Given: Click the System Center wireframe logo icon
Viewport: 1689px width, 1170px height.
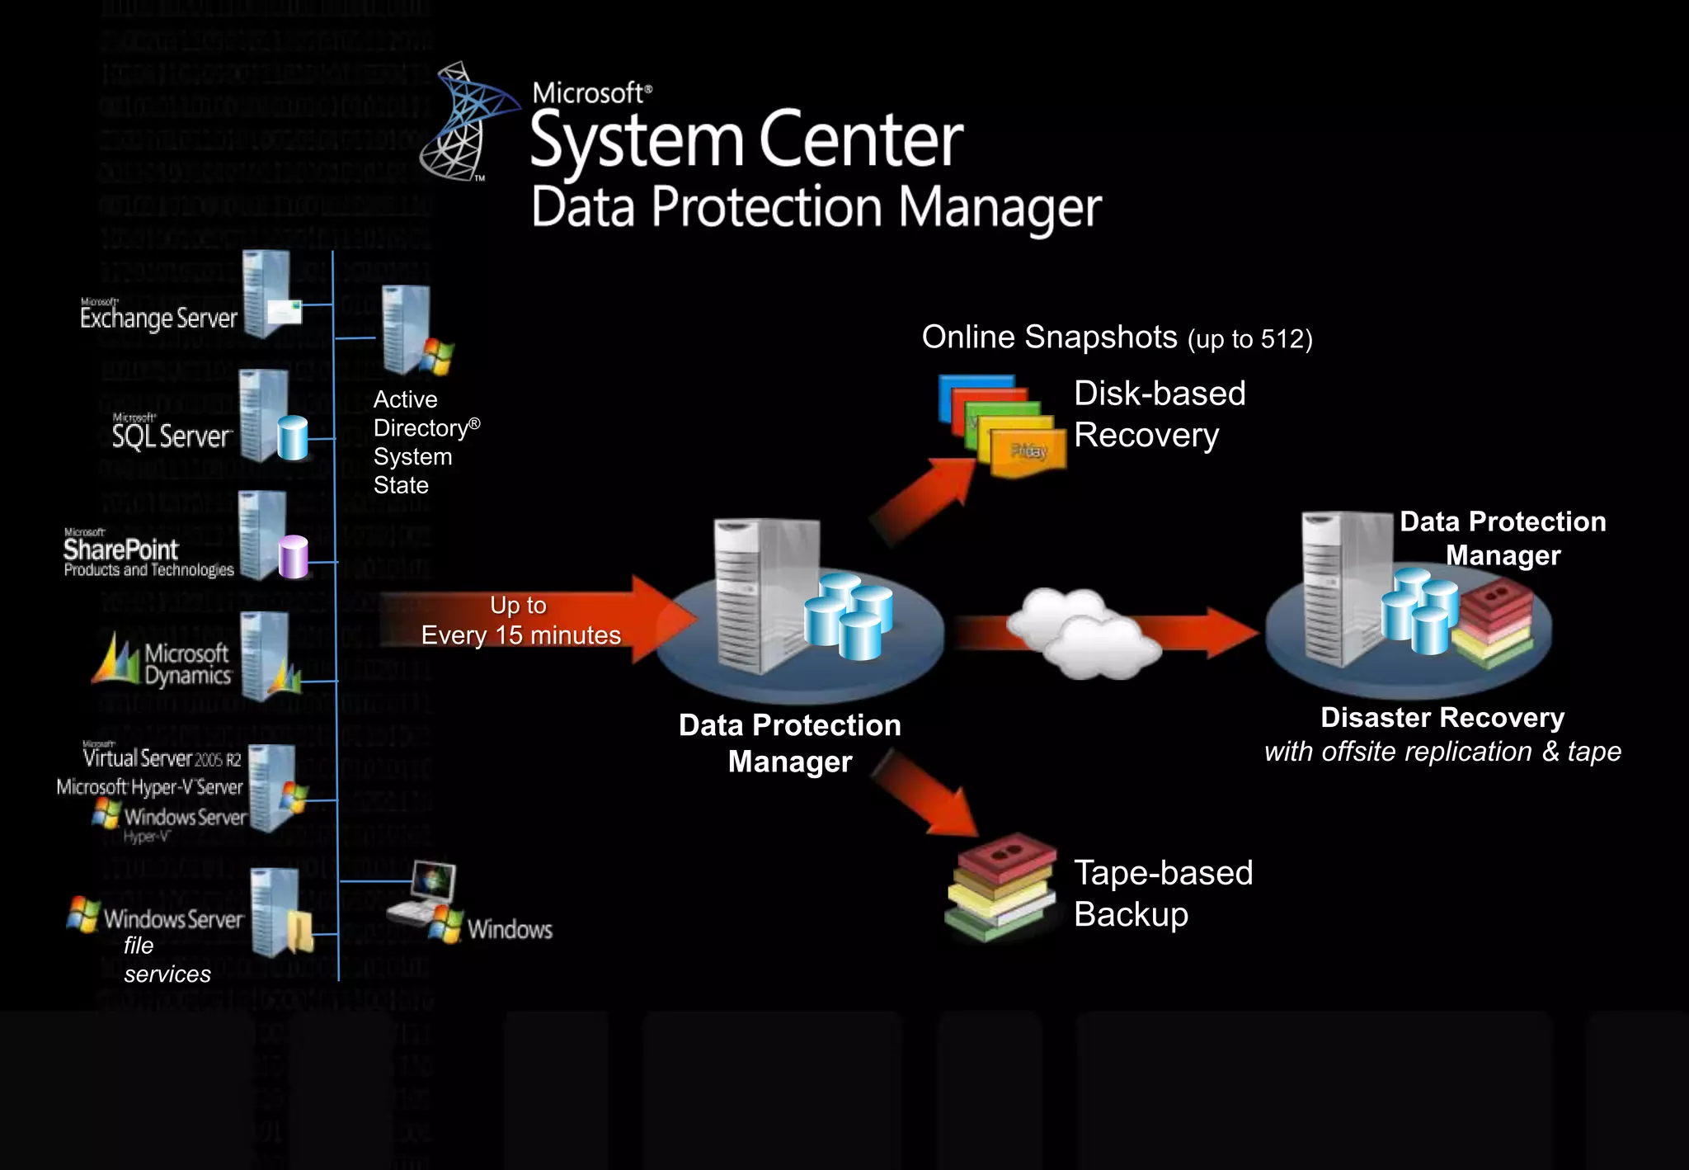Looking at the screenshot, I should click(466, 122).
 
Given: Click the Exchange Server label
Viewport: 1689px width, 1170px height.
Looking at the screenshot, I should click(158, 317).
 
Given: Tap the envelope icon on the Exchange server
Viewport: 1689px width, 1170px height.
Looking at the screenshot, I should click(285, 312).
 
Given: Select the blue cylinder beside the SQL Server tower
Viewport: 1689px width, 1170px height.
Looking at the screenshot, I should click(292, 437).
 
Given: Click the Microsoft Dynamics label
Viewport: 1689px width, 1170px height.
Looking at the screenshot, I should click(186, 664).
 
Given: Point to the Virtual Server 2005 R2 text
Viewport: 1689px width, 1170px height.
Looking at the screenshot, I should click(162, 757).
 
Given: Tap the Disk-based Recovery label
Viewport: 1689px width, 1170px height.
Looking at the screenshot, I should click(1159, 414).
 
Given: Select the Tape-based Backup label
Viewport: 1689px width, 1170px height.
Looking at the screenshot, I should click(1163, 894).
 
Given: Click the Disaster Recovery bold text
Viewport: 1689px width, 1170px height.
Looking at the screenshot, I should click(1442, 718).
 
